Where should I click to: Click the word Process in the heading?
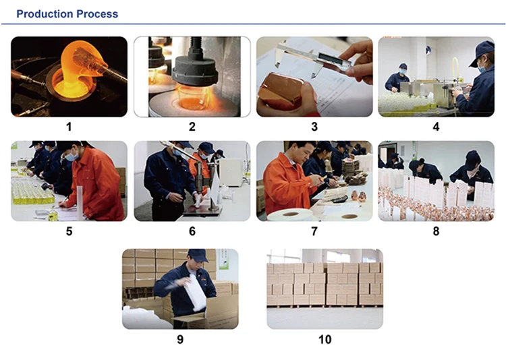click(97, 14)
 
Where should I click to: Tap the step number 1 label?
click(69, 127)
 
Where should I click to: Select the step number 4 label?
click(436, 127)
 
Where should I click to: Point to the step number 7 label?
click(314, 231)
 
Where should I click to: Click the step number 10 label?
click(325, 339)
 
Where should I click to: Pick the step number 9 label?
click(180, 339)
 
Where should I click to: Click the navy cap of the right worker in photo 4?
click(482, 51)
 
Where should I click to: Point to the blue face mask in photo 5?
click(72, 157)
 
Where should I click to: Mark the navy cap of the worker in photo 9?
click(197, 255)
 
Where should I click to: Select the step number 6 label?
click(192, 231)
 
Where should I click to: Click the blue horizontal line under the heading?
click(253, 24)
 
